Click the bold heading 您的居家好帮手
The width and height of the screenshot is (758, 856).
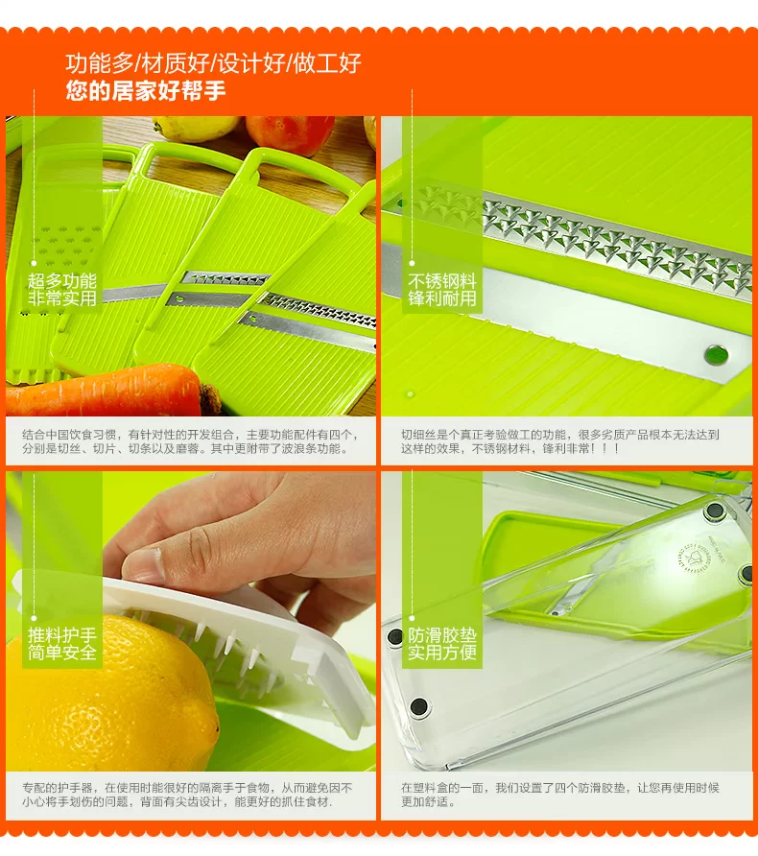[x=145, y=90]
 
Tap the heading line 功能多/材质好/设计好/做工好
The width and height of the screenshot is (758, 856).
[x=213, y=63]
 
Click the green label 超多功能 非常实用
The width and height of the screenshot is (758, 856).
[x=62, y=290]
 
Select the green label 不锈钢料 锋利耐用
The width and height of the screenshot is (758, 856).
[x=442, y=290]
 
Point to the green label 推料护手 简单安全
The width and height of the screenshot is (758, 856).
[x=62, y=644]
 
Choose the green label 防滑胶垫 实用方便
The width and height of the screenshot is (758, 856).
[x=442, y=644]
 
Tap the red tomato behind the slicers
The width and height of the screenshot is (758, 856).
[x=289, y=133]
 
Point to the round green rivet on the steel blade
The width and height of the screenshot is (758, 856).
[x=716, y=355]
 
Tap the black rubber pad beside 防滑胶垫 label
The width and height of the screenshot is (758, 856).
[x=394, y=636]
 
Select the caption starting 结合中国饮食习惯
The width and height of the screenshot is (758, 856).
[x=190, y=441]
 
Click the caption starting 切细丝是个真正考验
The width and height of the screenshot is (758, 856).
[x=560, y=441]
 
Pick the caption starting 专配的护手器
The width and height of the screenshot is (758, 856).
[x=187, y=795]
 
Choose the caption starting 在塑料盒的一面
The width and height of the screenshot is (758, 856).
[x=560, y=795]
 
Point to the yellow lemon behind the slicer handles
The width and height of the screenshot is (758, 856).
[x=194, y=129]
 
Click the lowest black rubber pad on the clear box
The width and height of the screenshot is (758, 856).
[x=419, y=707]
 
